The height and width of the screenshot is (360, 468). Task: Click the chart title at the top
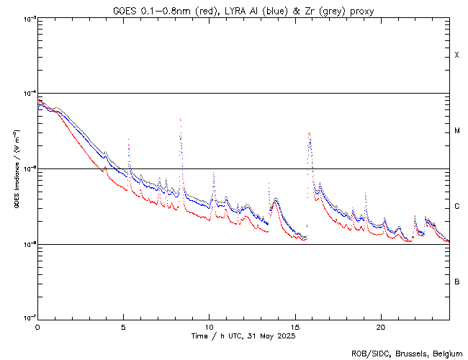coord(243,11)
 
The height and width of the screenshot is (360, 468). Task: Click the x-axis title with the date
coord(243,336)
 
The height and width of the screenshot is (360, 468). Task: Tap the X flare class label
coord(456,55)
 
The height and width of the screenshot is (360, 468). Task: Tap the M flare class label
coord(456,131)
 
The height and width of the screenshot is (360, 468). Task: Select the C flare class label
coord(456,207)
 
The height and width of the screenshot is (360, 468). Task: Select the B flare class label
coord(456,282)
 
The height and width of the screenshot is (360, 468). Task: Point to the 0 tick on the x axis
coord(37,326)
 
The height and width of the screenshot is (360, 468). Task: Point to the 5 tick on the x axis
coord(123,326)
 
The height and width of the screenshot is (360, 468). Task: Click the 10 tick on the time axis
coord(209,326)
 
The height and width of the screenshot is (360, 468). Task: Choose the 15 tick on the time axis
coord(294,326)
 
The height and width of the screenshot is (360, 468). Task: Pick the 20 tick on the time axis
coord(380,326)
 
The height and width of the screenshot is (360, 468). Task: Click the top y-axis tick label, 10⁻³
coord(27,18)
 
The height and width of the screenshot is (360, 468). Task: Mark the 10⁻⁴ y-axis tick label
coord(27,94)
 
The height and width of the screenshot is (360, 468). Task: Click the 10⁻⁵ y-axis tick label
coord(27,169)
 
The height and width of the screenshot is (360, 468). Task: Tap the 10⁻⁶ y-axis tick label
coord(27,244)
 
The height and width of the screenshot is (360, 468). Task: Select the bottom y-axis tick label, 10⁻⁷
coord(27,318)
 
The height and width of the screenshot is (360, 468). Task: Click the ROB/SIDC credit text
coord(406,353)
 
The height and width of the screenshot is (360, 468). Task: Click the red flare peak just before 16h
coord(309,133)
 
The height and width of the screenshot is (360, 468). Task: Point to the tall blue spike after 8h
coord(180,120)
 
